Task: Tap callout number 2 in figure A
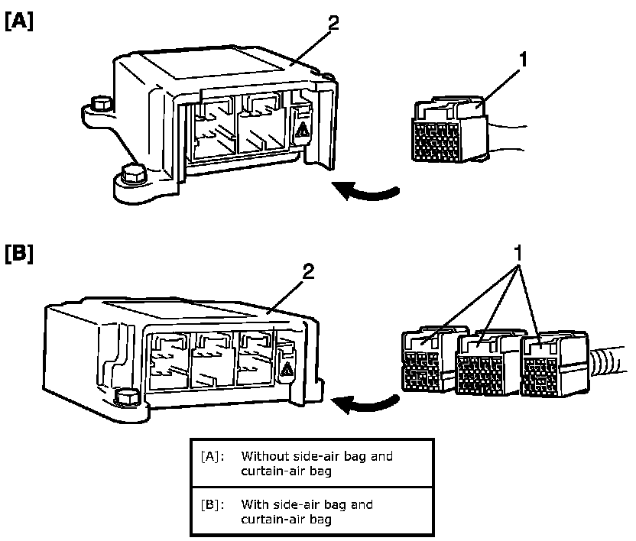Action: click(x=333, y=22)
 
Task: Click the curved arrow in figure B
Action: click(x=368, y=403)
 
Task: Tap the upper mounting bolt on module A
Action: click(x=99, y=103)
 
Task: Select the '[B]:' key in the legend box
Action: click(x=212, y=505)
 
